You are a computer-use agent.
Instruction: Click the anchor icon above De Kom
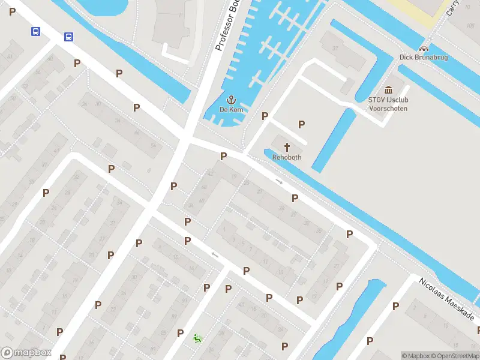tap(230, 100)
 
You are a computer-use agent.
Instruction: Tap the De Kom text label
tap(231, 110)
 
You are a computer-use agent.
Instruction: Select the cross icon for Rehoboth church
tap(287, 147)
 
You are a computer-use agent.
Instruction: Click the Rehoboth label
tap(286, 157)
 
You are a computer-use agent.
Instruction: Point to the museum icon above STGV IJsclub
tap(388, 90)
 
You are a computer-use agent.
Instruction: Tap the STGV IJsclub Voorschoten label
tap(388, 104)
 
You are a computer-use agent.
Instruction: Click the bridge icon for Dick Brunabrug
tap(424, 48)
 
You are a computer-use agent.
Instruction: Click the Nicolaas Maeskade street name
tap(446, 299)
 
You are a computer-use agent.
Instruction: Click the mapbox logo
tap(26, 352)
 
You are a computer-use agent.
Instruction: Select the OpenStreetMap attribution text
tap(457, 356)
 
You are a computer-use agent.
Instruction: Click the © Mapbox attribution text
tap(416, 356)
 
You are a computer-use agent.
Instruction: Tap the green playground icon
tap(197, 338)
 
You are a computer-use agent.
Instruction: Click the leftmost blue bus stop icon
tap(36, 31)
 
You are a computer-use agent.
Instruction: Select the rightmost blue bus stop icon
tap(69, 37)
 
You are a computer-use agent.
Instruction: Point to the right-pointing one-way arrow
tap(279, 181)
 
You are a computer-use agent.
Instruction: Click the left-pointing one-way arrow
tap(214, 254)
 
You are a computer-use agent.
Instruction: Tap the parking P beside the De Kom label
tap(265, 116)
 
